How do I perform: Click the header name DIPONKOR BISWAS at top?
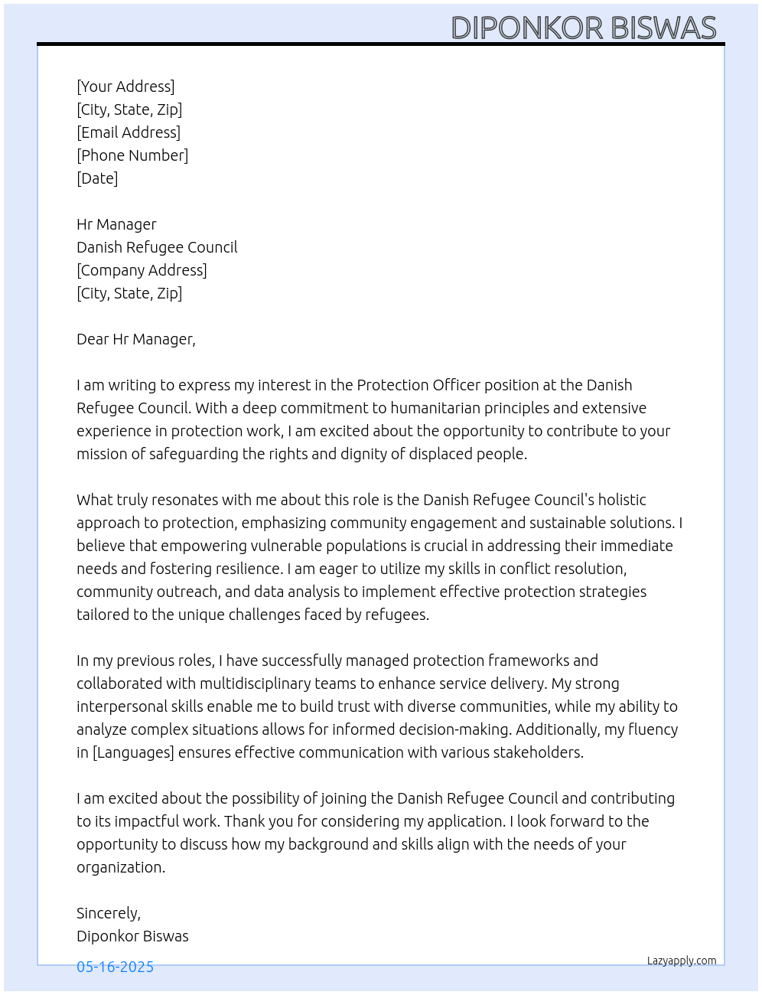(x=583, y=28)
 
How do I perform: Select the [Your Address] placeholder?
(x=125, y=86)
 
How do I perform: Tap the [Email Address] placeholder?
(x=129, y=132)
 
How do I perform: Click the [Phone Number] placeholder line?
(x=132, y=155)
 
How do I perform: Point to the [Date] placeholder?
(x=97, y=178)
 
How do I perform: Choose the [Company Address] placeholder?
(x=142, y=270)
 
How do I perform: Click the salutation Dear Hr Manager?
(x=136, y=339)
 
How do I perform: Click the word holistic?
(x=622, y=500)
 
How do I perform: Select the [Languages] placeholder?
(x=133, y=752)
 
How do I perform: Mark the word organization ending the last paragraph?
(x=119, y=867)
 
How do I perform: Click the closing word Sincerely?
(x=109, y=913)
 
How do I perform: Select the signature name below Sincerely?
(x=132, y=936)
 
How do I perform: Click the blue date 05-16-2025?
(x=115, y=967)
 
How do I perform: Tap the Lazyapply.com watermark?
(x=682, y=961)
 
